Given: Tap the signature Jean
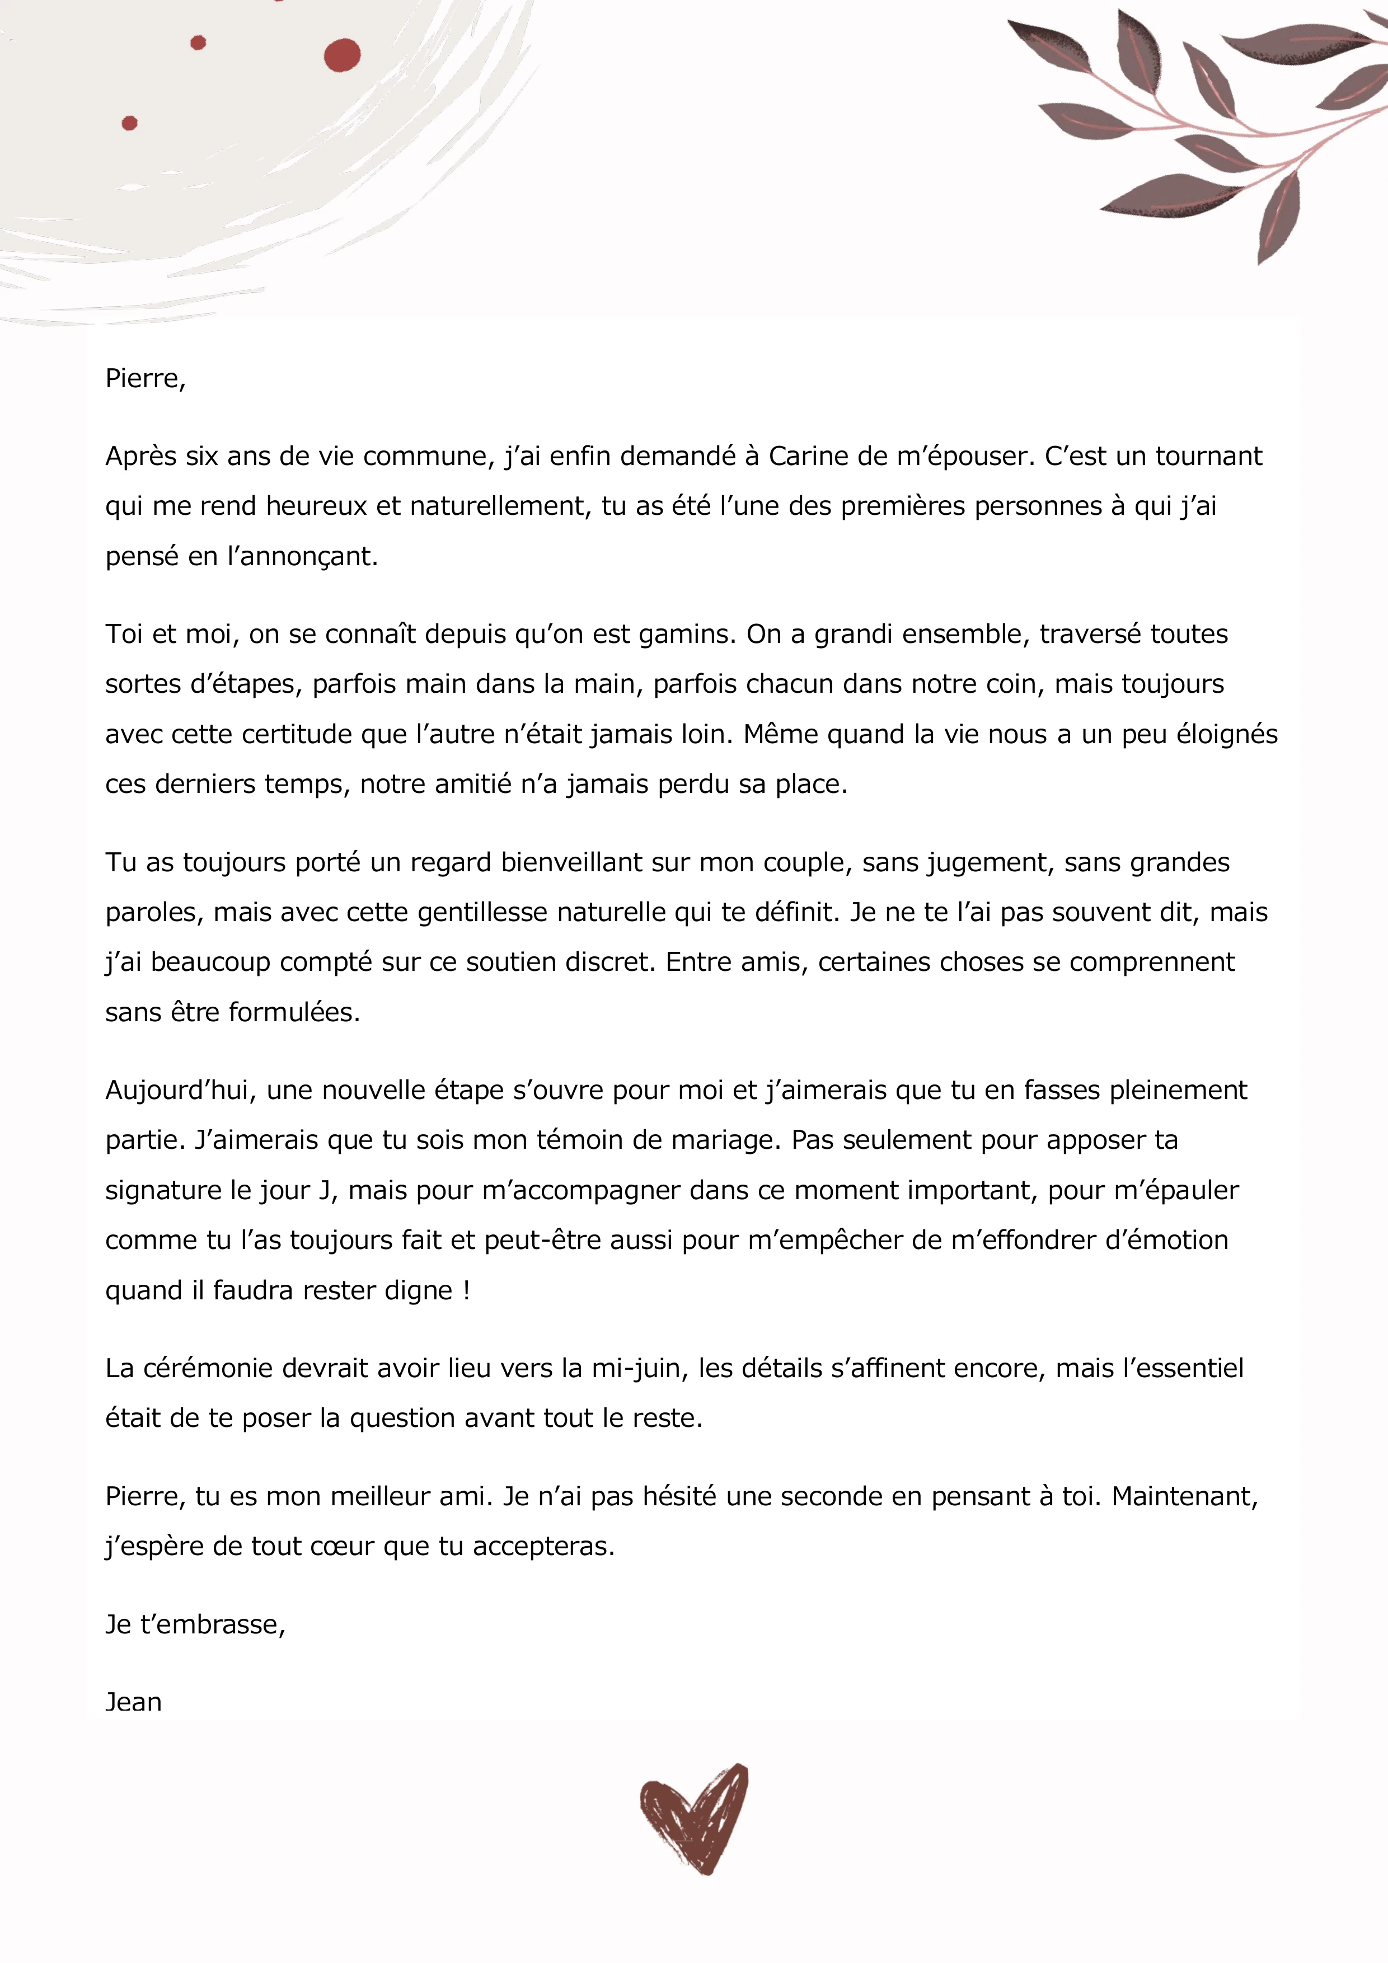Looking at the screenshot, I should pyautogui.click(x=133, y=1702).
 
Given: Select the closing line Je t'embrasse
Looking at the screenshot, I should pyautogui.click(x=195, y=1624).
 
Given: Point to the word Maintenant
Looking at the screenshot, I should pyautogui.click(x=1184, y=1497).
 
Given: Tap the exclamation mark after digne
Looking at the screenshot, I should pyautogui.click(x=466, y=1291).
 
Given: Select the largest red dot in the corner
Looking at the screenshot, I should pyautogui.click(x=342, y=55).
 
